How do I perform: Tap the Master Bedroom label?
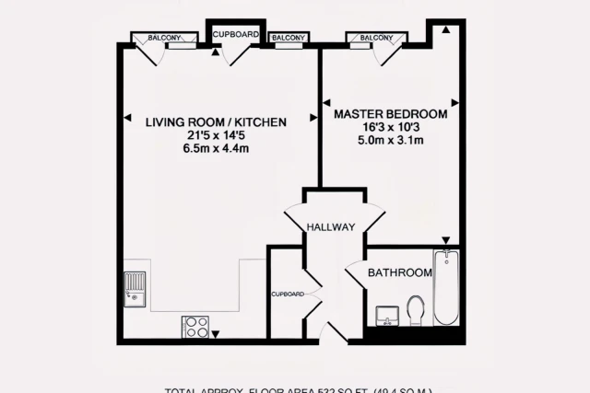coord(390,114)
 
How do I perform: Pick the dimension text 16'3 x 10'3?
coord(390,127)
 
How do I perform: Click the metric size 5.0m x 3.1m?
coord(390,141)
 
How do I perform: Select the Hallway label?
coord(331,227)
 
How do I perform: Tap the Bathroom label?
coord(400,273)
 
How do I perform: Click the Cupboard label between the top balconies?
coord(236,34)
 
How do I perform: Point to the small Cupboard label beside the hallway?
coord(288,294)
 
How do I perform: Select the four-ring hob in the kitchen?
coord(195,326)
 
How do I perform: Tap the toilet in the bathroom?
coord(415,309)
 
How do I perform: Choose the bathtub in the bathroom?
coord(445,287)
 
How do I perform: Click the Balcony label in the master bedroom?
coord(376,38)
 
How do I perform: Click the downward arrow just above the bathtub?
coord(445,239)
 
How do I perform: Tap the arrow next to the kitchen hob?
coord(216,333)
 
